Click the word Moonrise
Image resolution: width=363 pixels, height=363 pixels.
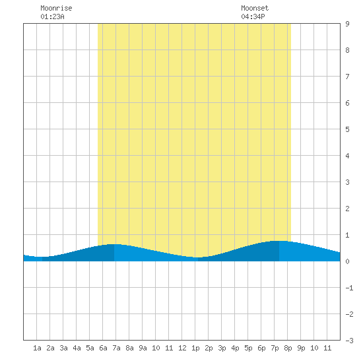click(x=56, y=8)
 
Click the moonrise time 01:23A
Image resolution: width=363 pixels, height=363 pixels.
click(x=52, y=16)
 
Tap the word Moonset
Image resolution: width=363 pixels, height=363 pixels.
click(x=255, y=8)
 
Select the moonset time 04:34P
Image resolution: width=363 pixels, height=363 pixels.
click(x=253, y=16)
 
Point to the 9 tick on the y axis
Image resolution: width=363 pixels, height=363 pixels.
click(x=347, y=24)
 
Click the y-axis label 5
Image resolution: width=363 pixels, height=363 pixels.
click(x=347, y=129)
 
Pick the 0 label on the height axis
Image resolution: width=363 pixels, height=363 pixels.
click(x=347, y=261)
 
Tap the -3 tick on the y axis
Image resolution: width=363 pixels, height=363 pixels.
click(x=349, y=341)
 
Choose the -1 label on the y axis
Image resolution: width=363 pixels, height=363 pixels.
click(x=349, y=288)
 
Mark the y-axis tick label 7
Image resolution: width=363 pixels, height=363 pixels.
click(x=347, y=77)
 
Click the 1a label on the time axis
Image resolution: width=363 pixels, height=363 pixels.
click(x=37, y=348)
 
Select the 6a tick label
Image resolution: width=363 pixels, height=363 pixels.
click(x=103, y=348)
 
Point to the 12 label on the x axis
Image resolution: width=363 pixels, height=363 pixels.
click(x=182, y=348)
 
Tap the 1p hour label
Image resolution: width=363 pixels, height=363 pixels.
click(x=195, y=348)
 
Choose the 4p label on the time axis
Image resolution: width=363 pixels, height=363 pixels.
click(x=235, y=348)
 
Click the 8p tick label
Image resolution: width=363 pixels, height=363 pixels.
click(x=288, y=348)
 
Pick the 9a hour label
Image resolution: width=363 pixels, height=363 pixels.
click(x=143, y=348)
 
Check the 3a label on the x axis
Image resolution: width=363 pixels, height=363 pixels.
click(x=63, y=348)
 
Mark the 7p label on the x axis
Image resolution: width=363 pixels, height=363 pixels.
click(x=275, y=348)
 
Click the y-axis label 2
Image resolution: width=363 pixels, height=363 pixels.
click(x=347, y=209)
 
